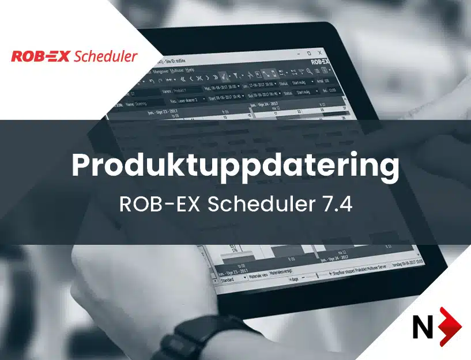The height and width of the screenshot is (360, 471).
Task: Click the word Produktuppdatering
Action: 235,166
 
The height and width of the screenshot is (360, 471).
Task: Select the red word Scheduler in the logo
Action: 105,56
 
